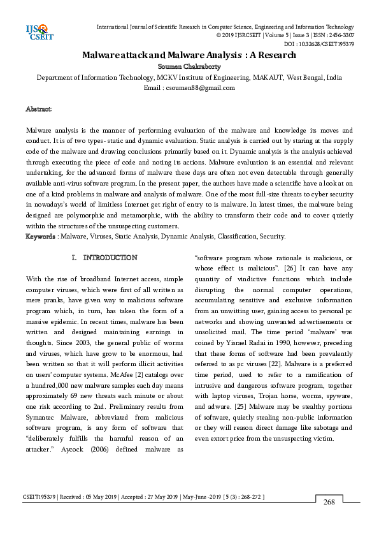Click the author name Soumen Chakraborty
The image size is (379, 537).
click(x=189, y=66)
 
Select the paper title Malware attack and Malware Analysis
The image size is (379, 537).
click(x=189, y=55)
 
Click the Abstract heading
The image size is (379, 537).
click(x=38, y=110)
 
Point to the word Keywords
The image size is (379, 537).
click(x=39, y=236)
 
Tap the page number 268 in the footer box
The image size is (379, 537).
click(x=329, y=503)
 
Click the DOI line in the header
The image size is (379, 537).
click(x=319, y=44)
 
